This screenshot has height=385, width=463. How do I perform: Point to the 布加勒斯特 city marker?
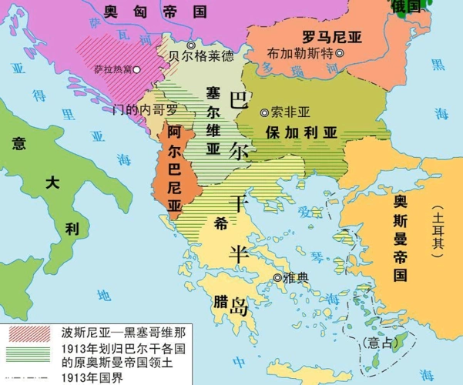(340, 53)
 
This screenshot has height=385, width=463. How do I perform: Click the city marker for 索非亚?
(265, 112)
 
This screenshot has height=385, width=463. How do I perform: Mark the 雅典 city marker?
(278, 278)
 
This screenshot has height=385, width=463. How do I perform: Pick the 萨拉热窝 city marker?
(136, 70)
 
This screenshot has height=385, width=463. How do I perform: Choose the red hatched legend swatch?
(29, 333)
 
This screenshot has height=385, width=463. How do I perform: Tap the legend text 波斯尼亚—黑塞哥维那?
(123, 333)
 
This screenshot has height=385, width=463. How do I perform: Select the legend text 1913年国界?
(95, 377)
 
